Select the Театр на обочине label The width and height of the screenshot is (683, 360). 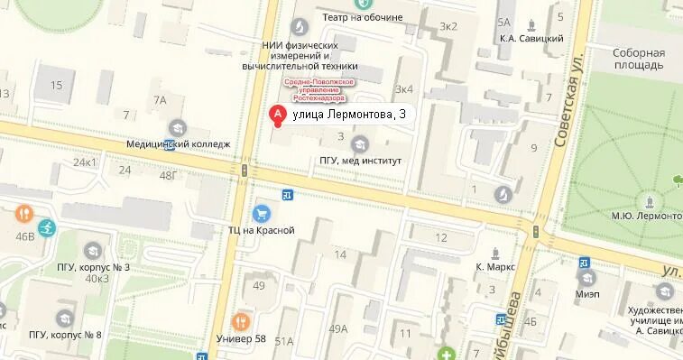point(363,17)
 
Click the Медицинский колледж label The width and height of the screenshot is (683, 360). point(179,143)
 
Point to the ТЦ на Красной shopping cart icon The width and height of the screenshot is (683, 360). point(262,214)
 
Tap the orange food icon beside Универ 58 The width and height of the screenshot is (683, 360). point(240,320)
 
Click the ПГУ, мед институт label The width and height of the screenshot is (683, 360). point(360,161)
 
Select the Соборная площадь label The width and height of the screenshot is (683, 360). point(638,60)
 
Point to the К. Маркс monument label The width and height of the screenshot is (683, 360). point(494,267)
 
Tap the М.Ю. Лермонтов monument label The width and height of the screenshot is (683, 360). point(647,216)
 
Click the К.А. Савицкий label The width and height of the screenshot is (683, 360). point(531,39)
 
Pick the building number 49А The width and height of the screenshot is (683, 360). point(337,328)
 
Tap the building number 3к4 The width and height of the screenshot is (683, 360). point(403,88)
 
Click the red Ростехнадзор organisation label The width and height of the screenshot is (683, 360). point(320,89)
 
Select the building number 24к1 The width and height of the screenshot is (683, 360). point(85,162)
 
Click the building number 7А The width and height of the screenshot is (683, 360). point(160,100)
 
